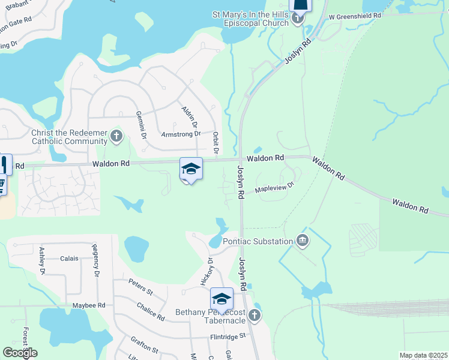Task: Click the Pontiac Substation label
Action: click(x=258, y=241)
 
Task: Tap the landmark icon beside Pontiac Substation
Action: click(x=303, y=241)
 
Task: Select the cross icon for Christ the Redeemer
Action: click(x=116, y=137)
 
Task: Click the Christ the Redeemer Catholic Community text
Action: click(x=68, y=137)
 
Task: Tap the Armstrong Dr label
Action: click(x=181, y=134)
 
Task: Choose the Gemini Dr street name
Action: click(x=142, y=125)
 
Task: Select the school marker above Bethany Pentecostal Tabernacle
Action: click(x=221, y=299)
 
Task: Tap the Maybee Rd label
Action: click(x=89, y=305)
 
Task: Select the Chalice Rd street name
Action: click(x=150, y=310)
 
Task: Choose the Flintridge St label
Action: click(x=228, y=336)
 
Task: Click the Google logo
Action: click(x=20, y=353)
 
